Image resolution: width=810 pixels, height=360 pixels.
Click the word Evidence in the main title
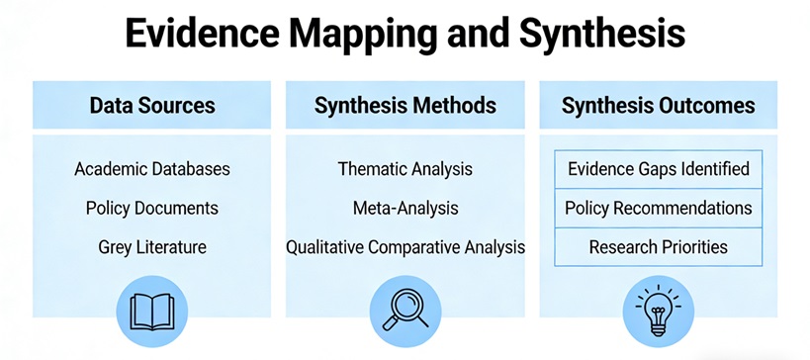pos(202,33)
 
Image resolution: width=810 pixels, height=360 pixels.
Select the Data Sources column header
pos(152,106)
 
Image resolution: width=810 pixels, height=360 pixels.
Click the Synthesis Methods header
pos(405,106)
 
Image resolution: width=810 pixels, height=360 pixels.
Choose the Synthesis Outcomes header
pos(658,106)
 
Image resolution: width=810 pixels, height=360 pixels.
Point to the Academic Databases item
pos(152,169)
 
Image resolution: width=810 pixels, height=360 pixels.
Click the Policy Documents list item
pos(152,208)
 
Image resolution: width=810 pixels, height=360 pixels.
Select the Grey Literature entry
pos(152,247)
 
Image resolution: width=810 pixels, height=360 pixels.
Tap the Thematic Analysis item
pos(405,169)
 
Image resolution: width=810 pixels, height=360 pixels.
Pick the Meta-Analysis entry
pos(405,208)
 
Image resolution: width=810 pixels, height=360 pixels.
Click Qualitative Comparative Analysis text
pos(405,247)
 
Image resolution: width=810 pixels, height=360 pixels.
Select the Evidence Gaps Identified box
pos(658,169)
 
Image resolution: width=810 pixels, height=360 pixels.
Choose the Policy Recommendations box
pos(658,208)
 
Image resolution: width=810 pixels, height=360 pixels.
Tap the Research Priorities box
pos(658,247)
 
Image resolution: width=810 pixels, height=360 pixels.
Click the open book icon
pos(152,312)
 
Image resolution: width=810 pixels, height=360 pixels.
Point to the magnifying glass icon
pos(405,311)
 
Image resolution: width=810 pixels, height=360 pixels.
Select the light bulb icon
pos(658,310)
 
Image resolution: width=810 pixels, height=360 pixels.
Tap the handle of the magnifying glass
pos(390,322)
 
